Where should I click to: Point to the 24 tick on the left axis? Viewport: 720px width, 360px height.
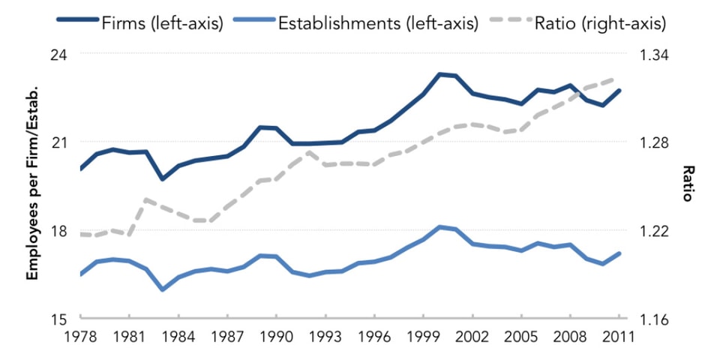pyautogui.click(x=57, y=55)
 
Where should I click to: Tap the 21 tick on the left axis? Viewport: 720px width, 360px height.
pyautogui.click(x=57, y=142)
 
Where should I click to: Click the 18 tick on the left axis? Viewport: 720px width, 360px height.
pyautogui.click(x=57, y=231)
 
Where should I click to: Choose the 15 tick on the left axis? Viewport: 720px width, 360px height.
pyautogui.click(x=57, y=319)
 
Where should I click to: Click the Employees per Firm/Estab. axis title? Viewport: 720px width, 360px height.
pyautogui.click(x=31, y=187)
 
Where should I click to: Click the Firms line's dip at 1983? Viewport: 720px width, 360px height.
pyautogui.click(x=162, y=178)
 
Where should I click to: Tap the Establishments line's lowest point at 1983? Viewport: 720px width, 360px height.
pyautogui.click(x=162, y=289)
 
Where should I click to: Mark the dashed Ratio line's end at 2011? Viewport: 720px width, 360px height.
pyautogui.click(x=619, y=77)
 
